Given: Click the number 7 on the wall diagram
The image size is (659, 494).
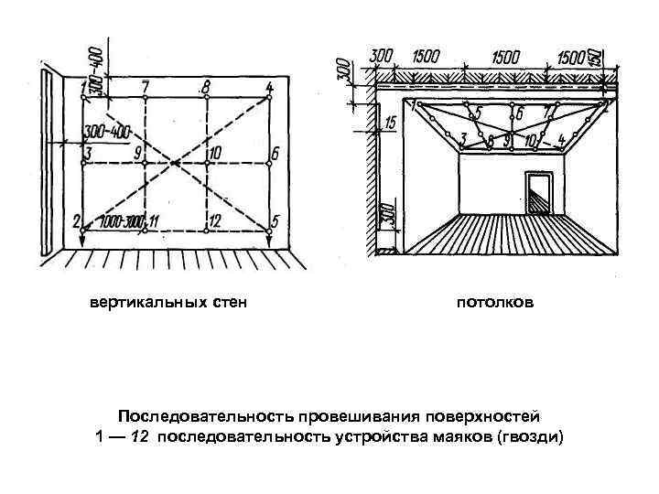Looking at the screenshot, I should tap(146, 86).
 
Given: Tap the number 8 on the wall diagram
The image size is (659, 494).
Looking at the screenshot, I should tap(207, 86).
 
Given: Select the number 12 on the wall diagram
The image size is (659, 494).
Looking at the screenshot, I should tap(214, 220).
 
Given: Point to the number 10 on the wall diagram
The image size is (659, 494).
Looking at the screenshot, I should tap(216, 153).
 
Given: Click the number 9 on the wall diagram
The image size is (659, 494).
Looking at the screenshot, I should tap(136, 152).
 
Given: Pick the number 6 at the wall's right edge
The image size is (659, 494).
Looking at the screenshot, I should tap(275, 152).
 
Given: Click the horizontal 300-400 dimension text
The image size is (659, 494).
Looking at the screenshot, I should tap(105, 132).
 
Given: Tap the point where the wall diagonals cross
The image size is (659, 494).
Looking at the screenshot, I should tap(176, 163).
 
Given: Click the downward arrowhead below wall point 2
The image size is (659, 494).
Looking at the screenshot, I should tap(82, 240).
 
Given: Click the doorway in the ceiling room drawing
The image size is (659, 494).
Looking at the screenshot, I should tap(536, 194).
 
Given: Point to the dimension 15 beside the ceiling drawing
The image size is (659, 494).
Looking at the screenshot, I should tap(391, 122).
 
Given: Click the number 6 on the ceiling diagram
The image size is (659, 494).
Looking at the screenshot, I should tap(519, 114).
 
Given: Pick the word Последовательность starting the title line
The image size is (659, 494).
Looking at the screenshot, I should tap(189, 414).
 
